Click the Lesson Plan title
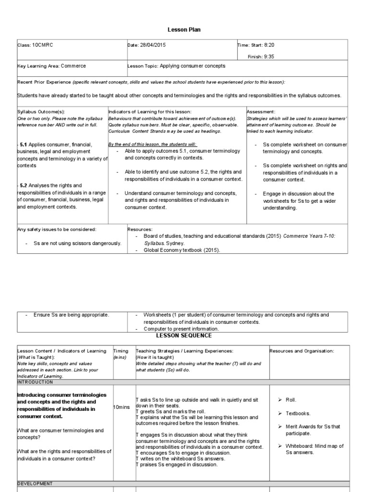point(184,30)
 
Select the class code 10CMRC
point(43,45)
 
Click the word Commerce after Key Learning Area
point(74,66)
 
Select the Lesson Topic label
point(143,66)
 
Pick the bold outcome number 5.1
point(23,144)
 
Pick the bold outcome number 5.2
point(23,185)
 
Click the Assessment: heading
point(261,111)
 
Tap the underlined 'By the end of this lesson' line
point(152,144)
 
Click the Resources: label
point(140,230)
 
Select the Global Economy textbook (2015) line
point(182,250)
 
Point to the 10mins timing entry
point(122,407)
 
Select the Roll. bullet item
point(291,399)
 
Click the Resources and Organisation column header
point(302,351)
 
